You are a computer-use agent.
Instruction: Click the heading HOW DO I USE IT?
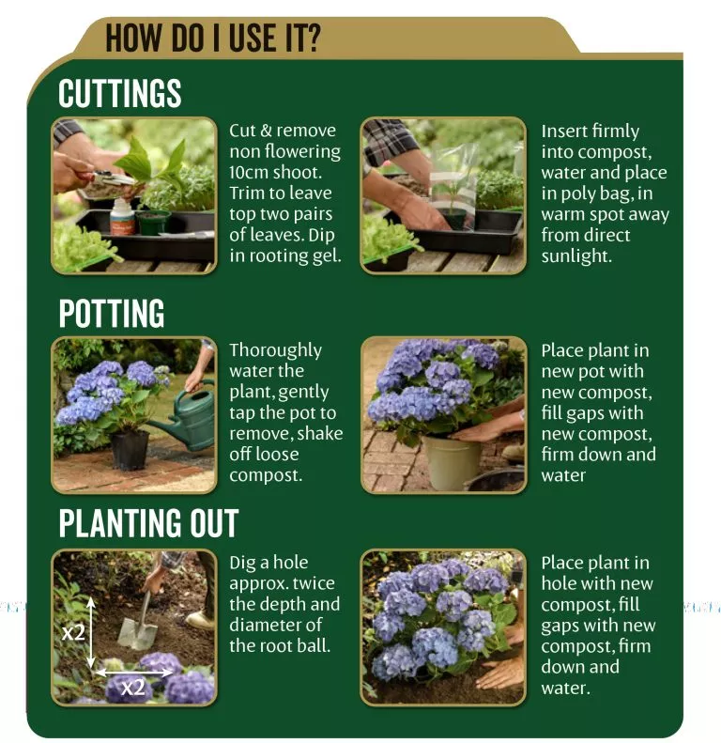click(x=213, y=39)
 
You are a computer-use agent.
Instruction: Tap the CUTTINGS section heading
click(x=120, y=93)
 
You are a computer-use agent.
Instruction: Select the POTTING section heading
click(x=112, y=313)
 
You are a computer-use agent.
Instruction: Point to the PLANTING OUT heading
click(x=148, y=523)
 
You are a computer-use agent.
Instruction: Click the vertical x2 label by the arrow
click(x=73, y=631)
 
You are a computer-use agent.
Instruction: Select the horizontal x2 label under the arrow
click(x=132, y=688)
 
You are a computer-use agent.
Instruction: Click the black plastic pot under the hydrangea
click(x=130, y=449)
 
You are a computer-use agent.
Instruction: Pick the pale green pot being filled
click(x=450, y=462)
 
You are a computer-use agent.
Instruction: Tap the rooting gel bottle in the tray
click(x=122, y=217)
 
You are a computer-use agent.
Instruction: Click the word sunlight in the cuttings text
click(x=576, y=256)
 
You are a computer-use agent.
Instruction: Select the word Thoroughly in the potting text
click(x=276, y=350)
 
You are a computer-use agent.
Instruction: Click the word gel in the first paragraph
click(x=327, y=256)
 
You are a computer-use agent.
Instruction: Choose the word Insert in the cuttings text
click(x=564, y=131)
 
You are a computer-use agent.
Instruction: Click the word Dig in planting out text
click(x=241, y=563)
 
